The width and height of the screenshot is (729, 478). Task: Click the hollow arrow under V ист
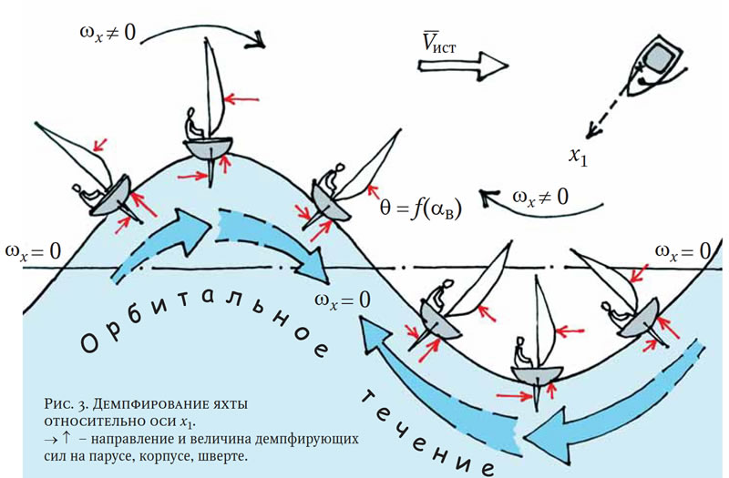(460, 64)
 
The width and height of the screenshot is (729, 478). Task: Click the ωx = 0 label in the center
(344, 297)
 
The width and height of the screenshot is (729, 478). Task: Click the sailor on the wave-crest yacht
(193, 123)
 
